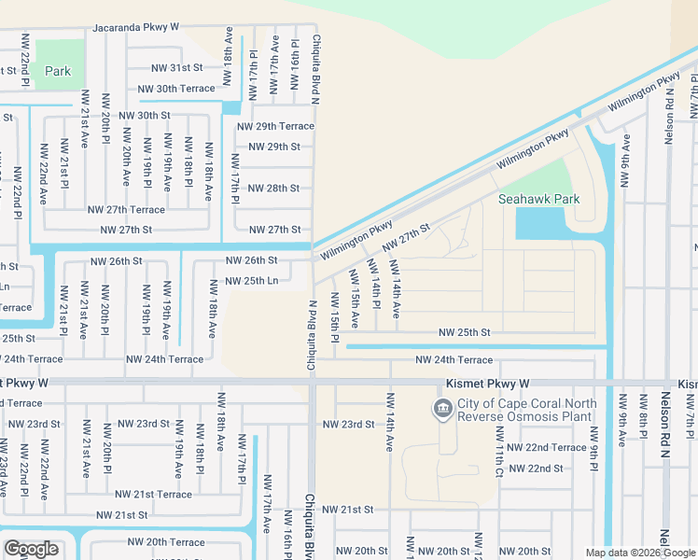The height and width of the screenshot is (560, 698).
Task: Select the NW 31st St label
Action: pos(178,67)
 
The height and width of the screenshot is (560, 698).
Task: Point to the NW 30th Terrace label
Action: pos(176,89)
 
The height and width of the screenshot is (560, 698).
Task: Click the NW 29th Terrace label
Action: pos(275,126)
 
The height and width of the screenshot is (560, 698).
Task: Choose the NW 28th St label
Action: pos(274,188)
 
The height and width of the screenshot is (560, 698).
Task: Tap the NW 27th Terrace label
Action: pos(126,210)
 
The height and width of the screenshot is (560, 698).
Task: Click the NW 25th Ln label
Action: pos(252,280)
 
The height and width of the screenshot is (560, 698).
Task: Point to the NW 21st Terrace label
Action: pos(153,494)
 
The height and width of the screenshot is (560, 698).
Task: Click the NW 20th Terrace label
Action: pos(165,542)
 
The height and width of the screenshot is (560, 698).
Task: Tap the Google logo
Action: pos(31,549)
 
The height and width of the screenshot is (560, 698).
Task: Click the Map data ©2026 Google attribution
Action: pos(639,553)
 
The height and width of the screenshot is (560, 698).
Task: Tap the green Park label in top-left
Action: pos(58,71)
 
